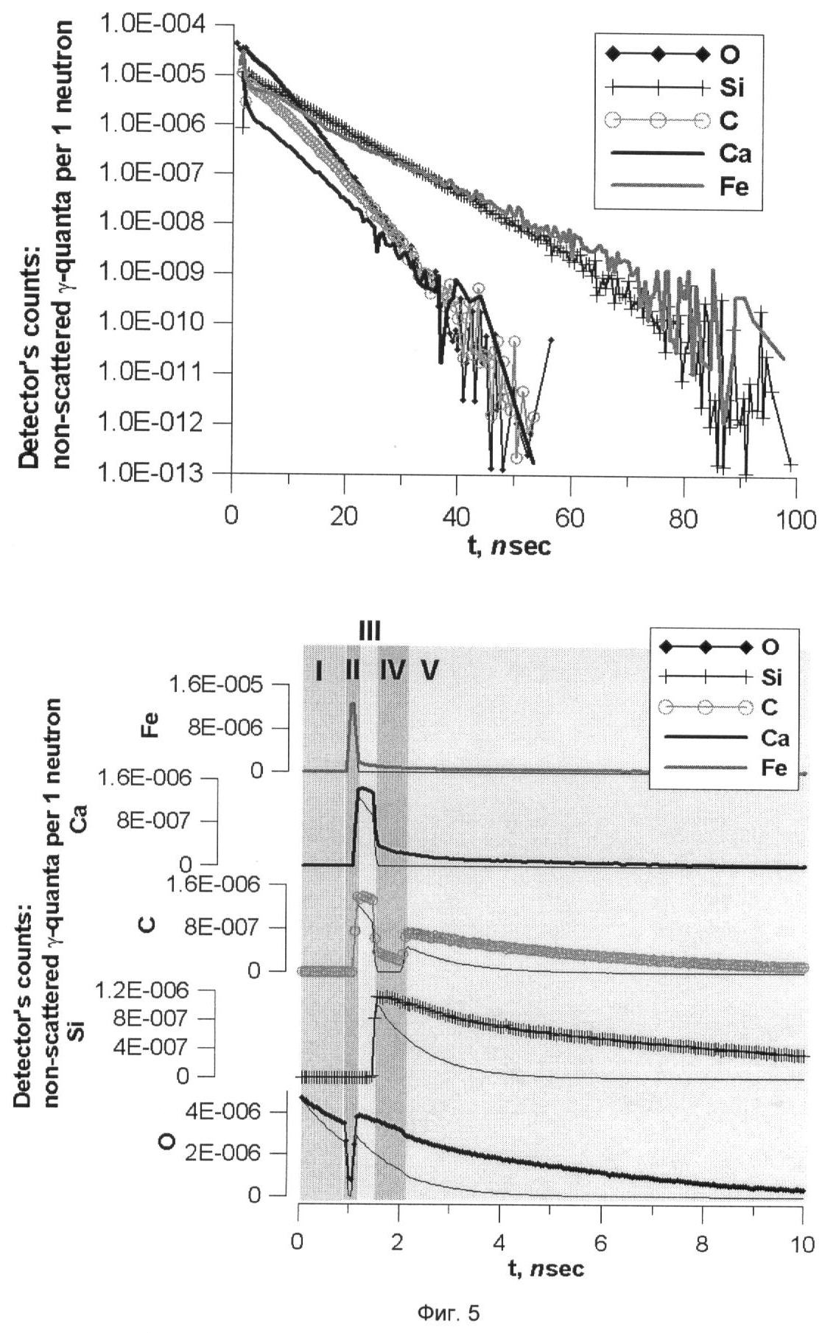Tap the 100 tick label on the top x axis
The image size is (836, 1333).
click(x=796, y=520)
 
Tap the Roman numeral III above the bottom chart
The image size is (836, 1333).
click(x=370, y=631)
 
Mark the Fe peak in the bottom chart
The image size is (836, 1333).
click(x=353, y=705)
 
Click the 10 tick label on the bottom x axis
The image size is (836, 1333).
click(x=802, y=1244)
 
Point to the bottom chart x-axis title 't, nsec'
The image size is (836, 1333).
click(x=547, y=1267)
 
